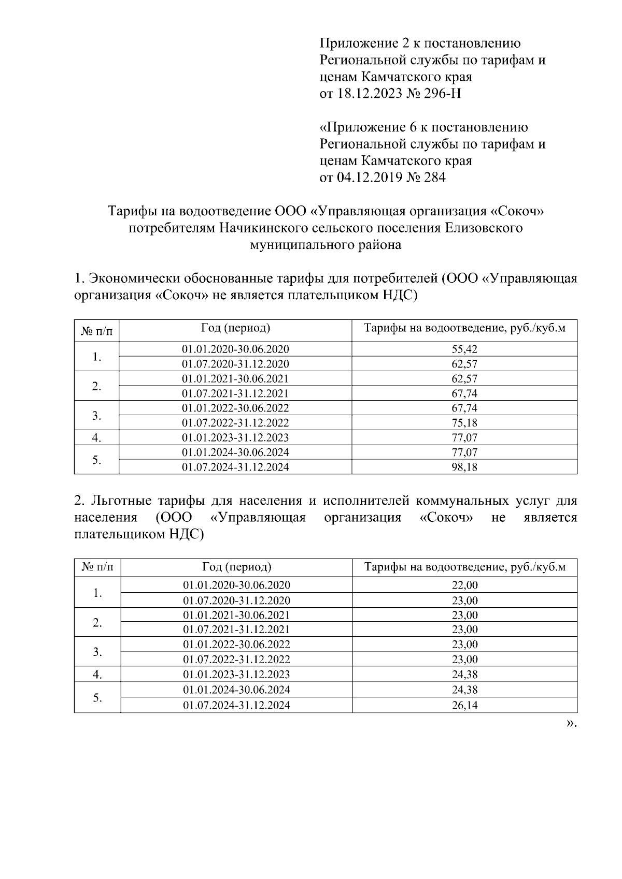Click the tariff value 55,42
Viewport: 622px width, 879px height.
pyautogui.click(x=464, y=349)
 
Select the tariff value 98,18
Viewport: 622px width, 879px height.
pyautogui.click(x=464, y=467)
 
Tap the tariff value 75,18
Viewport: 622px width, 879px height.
pyautogui.click(x=464, y=423)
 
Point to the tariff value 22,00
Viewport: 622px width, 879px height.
pyautogui.click(x=464, y=585)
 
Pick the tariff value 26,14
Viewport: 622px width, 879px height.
pyautogui.click(x=464, y=705)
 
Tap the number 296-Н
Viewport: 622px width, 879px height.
pyautogui.click(x=441, y=94)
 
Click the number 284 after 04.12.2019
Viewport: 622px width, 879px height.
pyautogui.click(x=434, y=178)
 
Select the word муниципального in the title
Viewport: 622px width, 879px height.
pyautogui.click(x=295, y=245)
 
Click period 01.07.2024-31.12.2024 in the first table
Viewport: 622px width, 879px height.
pyautogui.click(x=235, y=467)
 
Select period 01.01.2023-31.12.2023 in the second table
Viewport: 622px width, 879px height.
pyautogui.click(x=236, y=675)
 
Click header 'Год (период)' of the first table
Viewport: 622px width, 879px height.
pyautogui.click(x=235, y=328)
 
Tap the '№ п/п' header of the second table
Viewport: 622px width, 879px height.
pyautogui.click(x=97, y=567)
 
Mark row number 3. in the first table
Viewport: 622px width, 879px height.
pyautogui.click(x=96, y=416)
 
